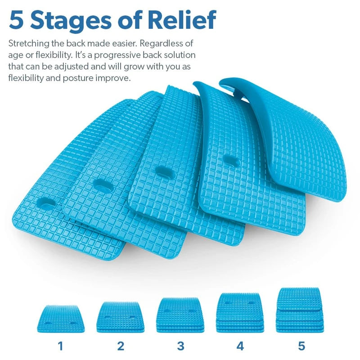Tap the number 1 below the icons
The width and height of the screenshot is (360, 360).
coord(60,346)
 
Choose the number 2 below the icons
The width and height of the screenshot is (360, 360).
coord(120,346)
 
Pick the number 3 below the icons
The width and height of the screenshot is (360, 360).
coord(180,346)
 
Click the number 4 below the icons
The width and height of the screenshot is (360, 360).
coord(240,346)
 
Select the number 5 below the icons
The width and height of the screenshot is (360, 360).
coord(301,346)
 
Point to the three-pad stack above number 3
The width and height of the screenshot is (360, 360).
coord(180,314)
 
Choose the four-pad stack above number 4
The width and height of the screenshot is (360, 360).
coord(240,312)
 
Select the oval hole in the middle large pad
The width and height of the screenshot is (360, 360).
coord(161,170)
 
